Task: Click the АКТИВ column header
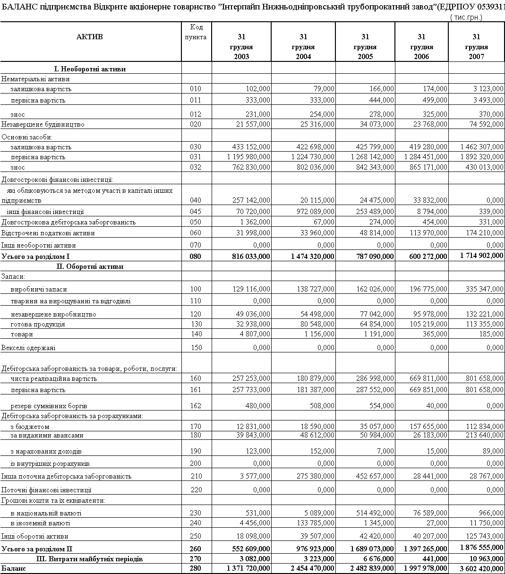(90, 37)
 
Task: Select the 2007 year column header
(476, 47)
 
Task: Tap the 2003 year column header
(241, 47)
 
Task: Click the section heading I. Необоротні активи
(90, 69)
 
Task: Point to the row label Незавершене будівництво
(43, 124)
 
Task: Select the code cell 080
(196, 256)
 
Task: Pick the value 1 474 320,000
(313, 256)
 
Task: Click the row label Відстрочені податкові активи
(48, 233)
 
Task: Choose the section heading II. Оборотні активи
(90, 266)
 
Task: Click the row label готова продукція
(38, 324)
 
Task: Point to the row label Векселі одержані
(28, 348)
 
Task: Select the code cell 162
(196, 406)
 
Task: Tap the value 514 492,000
(373, 513)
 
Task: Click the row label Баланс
(12, 568)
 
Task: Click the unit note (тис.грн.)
(467, 17)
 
